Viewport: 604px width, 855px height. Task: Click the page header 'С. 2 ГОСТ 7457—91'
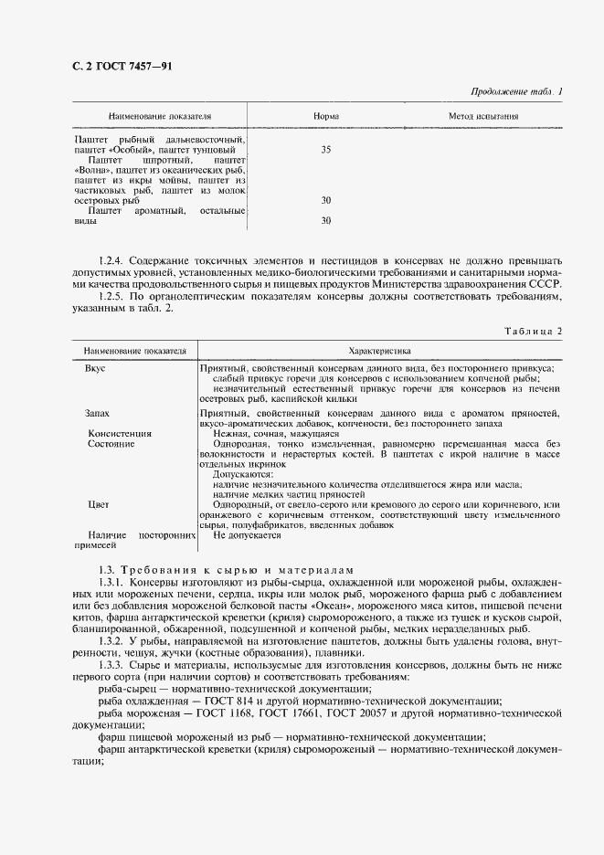pos(108,67)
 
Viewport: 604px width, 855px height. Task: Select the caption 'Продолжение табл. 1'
pos(516,91)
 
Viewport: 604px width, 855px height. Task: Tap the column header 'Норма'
pos(326,117)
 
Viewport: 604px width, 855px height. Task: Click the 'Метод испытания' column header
pos(483,117)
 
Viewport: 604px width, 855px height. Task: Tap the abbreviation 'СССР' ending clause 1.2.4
pos(546,284)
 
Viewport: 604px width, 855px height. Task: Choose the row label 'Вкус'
pos(95,367)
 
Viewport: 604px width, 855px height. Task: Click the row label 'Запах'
pos(98,413)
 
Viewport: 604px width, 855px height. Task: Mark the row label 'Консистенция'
pos(120,433)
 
